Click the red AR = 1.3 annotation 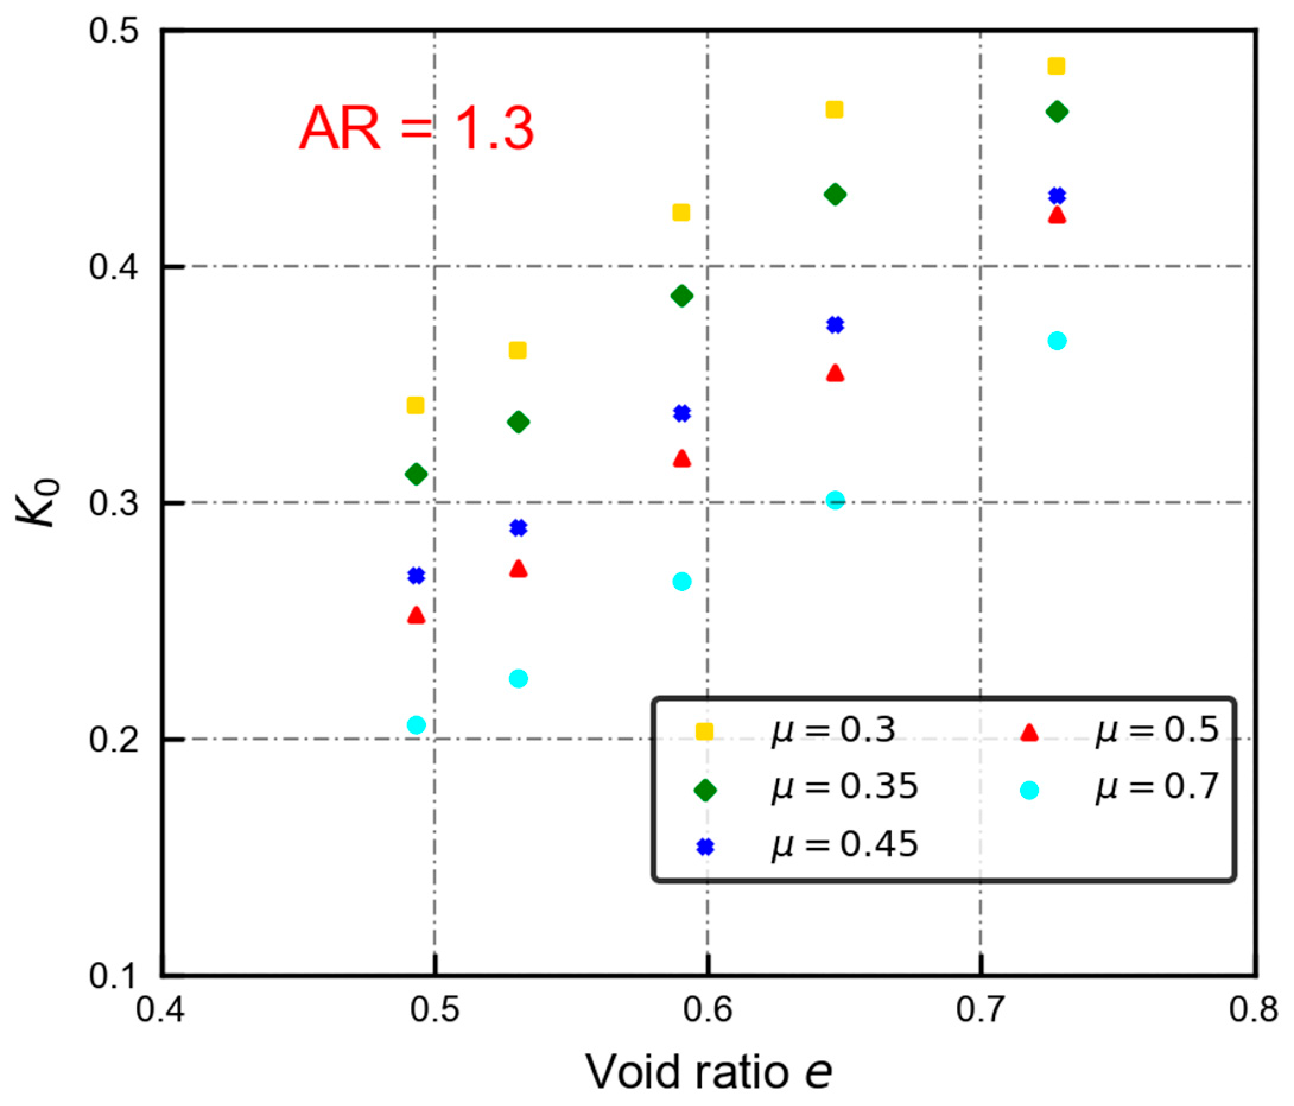point(416,129)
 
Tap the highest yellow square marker point(1055,66)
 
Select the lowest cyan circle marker point(416,725)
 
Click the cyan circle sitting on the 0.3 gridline point(835,500)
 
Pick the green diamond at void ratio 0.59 point(681,296)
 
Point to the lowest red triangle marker point(416,616)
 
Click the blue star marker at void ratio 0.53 point(518,528)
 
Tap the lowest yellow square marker point(416,406)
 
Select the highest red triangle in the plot point(1056,216)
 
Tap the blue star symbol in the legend point(705,846)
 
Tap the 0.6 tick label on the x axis point(707,1010)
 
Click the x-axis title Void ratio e point(708,1072)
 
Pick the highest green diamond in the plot point(1056,112)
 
